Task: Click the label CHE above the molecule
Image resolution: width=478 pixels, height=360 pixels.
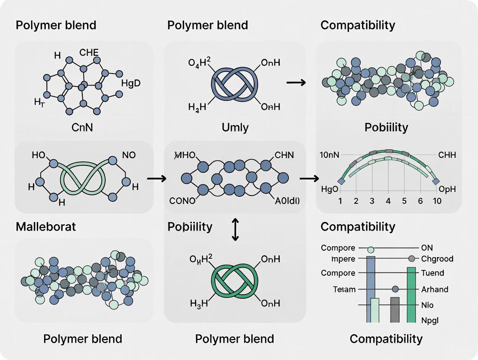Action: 89,53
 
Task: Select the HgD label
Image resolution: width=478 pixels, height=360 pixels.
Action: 131,83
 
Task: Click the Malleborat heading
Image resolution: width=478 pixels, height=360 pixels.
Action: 45,227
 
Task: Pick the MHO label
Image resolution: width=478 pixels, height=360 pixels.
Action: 184,155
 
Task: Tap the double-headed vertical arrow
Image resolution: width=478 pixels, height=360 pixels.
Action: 235,229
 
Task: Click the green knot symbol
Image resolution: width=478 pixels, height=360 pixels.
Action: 234,280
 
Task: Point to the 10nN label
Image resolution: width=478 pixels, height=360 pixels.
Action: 329,155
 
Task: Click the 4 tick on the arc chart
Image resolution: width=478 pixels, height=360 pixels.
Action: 388,201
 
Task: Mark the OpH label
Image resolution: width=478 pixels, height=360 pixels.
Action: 447,190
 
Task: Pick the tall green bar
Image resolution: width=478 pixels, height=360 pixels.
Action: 411,294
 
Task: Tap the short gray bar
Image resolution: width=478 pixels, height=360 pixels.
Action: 394,309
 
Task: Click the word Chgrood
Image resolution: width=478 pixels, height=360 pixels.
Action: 437,259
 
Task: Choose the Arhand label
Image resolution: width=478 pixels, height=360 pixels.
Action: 435,289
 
